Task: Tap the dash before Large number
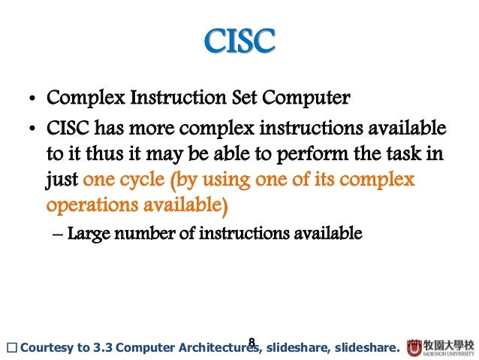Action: click(x=59, y=233)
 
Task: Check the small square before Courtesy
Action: click(x=10, y=348)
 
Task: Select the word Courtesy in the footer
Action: click(x=46, y=348)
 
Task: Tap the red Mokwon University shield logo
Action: click(x=414, y=347)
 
